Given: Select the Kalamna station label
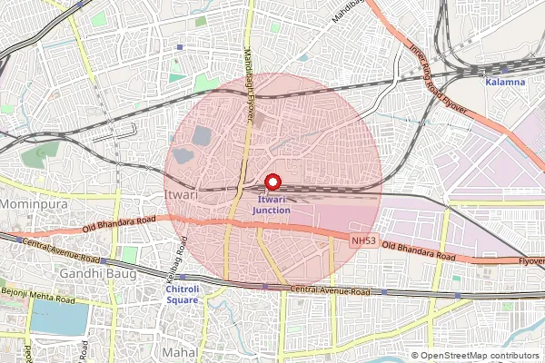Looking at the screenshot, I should (505, 82).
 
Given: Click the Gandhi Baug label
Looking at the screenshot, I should (91, 272).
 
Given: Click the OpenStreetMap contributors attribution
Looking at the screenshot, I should (480, 356).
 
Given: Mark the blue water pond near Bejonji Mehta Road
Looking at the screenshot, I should (60, 318).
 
